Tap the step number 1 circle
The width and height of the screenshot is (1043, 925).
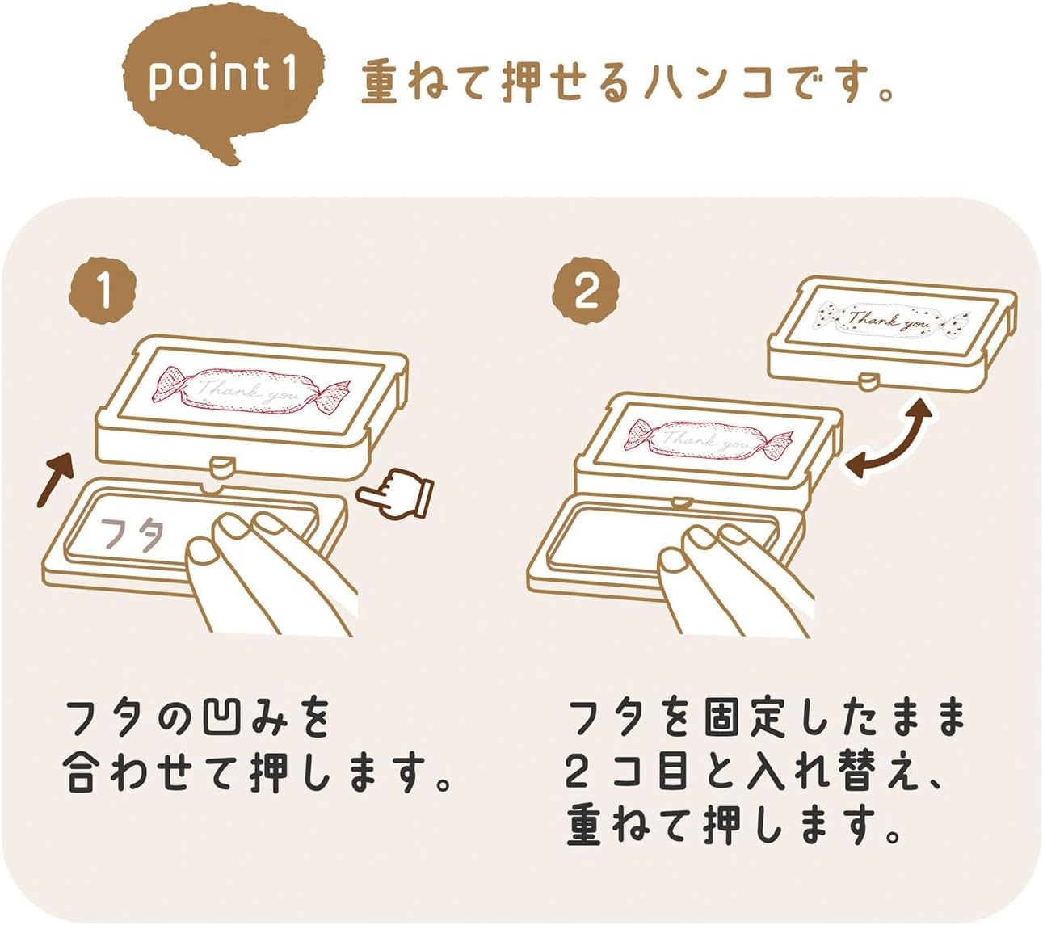103,292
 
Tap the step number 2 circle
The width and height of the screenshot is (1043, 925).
587,292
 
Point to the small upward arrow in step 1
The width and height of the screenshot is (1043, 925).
55,480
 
